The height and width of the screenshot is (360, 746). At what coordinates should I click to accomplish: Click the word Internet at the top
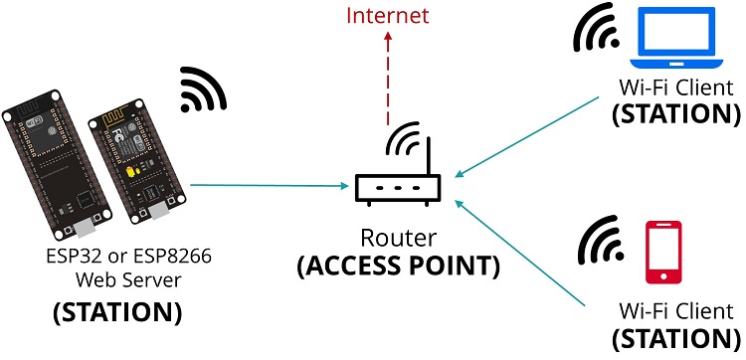tap(389, 16)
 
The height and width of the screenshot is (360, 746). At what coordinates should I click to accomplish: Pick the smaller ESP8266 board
tap(129, 163)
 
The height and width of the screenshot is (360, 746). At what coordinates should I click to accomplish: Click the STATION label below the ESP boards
tap(116, 312)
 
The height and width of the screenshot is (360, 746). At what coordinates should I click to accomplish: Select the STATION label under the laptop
tap(675, 112)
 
